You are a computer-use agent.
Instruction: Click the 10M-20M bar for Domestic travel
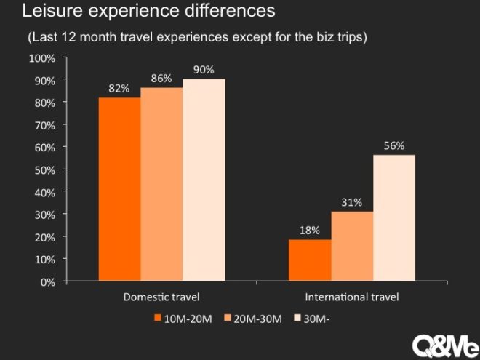click(x=119, y=189)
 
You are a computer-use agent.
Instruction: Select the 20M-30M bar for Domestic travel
click(x=161, y=185)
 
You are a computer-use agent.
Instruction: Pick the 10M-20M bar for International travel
click(x=310, y=260)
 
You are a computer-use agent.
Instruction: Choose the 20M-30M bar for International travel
click(x=352, y=246)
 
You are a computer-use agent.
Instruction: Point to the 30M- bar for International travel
click(x=394, y=218)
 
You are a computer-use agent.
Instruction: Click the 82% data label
click(x=119, y=89)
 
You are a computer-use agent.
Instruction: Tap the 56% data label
click(x=394, y=146)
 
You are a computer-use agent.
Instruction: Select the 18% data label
click(x=310, y=231)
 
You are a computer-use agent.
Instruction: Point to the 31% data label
click(x=352, y=203)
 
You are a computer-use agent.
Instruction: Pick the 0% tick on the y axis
click(x=49, y=281)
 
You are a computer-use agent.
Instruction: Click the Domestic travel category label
click(x=161, y=297)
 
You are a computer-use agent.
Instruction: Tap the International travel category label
click(x=352, y=297)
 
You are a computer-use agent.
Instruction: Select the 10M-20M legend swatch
click(x=157, y=319)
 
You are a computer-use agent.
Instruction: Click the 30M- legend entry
click(x=314, y=319)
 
